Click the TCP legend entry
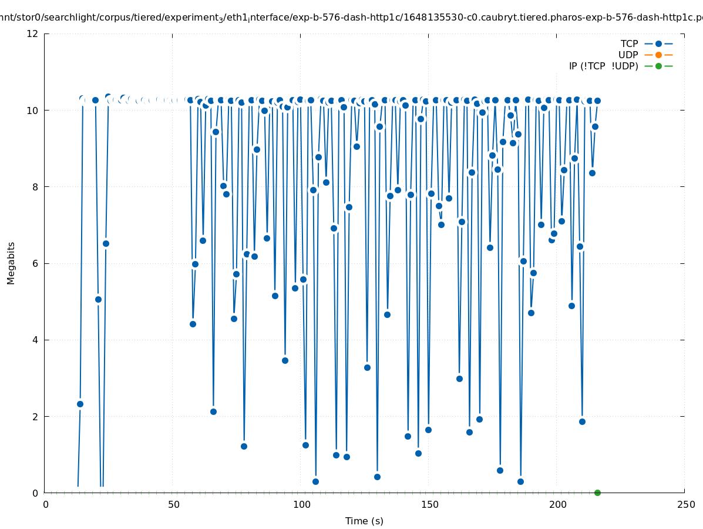[x=629, y=43]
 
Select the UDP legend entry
[x=628, y=55]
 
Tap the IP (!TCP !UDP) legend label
[x=603, y=66]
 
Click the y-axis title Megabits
[x=11, y=263]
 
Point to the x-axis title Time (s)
[x=364, y=521]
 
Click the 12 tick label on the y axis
[x=33, y=34]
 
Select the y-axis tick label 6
[x=36, y=263]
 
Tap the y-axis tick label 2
[x=36, y=416]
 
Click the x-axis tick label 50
[x=173, y=505]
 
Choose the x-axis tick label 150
[x=429, y=505]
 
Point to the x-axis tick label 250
[x=685, y=505]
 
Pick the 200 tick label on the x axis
[x=557, y=505]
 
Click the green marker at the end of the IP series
[x=597, y=493]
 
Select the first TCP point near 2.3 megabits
[x=80, y=404]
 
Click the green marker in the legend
[x=658, y=66]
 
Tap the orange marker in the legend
[x=658, y=55]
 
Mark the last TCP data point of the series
[x=597, y=101]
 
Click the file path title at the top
[x=351, y=18]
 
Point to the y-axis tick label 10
[x=33, y=110]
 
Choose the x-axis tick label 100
[x=301, y=505]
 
